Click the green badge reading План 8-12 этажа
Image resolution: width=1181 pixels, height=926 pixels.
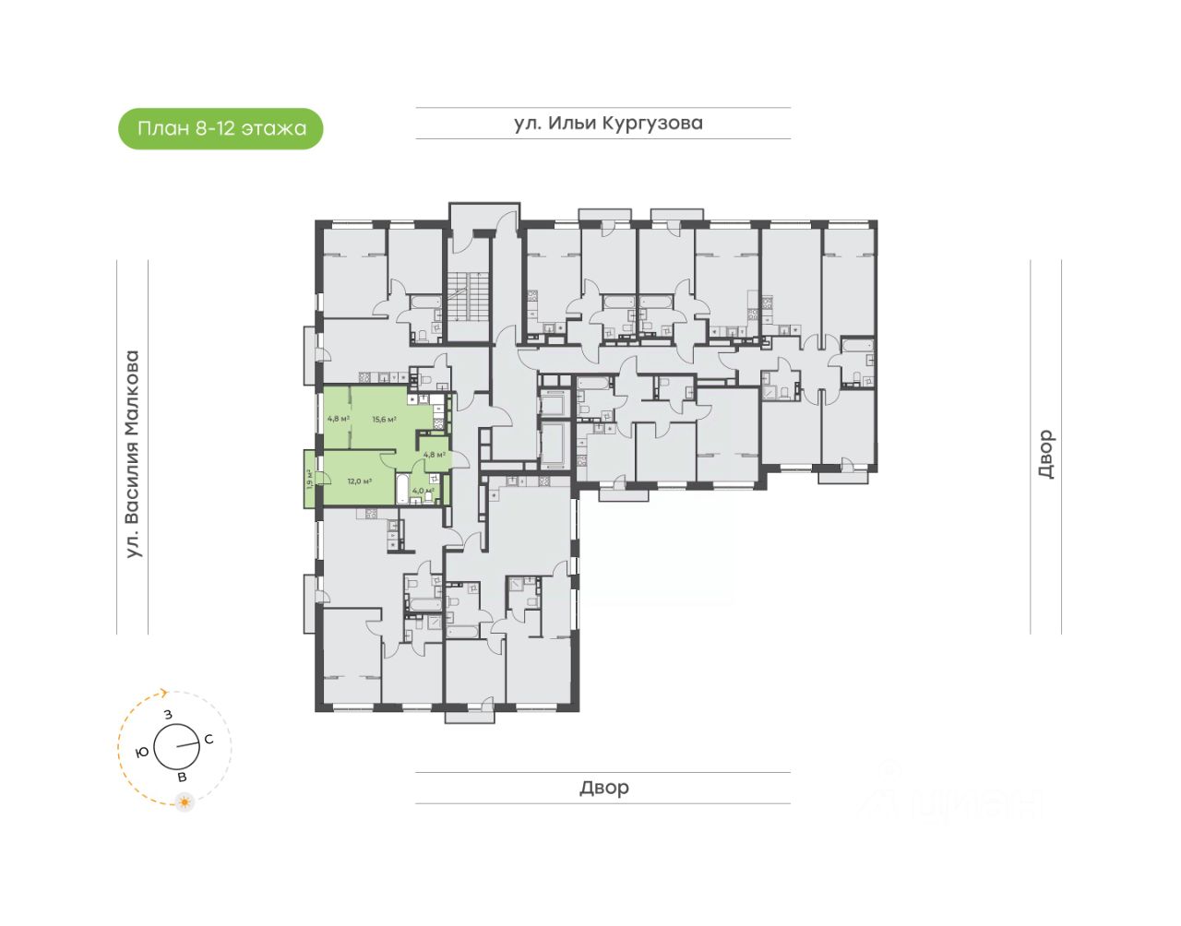pos(221,128)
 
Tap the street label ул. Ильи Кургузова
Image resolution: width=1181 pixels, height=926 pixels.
pos(608,123)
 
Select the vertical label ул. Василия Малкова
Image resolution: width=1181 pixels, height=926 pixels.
pos(133,454)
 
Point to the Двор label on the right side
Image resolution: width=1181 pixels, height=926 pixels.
pos(1045,454)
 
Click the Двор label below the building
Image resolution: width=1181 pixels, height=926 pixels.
pos(604,788)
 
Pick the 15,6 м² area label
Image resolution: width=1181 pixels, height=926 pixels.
pos(384,420)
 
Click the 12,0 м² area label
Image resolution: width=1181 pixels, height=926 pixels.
pos(359,481)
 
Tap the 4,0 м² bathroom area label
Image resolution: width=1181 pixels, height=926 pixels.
pos(423,491)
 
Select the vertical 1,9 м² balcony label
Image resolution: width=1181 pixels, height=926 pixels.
pos(309,478)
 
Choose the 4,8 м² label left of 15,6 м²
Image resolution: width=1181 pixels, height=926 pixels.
pos(338,419)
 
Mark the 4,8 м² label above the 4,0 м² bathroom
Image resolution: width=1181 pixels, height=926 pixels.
pos(434,454)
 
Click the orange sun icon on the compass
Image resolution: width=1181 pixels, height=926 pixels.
pos(185,802)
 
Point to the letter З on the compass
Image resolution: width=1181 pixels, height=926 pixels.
pos(168,714)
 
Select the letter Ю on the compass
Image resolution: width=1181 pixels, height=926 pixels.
pos(142,752)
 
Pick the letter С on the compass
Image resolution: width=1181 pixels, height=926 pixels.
pos(209,739)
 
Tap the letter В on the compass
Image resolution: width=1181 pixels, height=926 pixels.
pos(182,778)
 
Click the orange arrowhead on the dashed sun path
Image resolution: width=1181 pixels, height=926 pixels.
pos(164,692)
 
